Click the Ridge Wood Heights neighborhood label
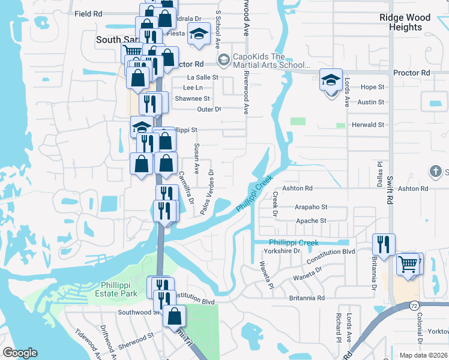[x=405, y=22]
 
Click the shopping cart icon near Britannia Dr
[x=408, y=263]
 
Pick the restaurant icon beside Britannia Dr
[x=384, y=244]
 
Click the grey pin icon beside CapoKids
[x=223, y=59]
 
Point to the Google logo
[x=20, y=353]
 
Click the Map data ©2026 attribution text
[x=423, y=355]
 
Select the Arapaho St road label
[x=311, y=207]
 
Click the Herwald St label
[x=367, y=125]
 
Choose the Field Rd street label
[x=89, y=13]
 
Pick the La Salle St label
[x=202, y=77]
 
